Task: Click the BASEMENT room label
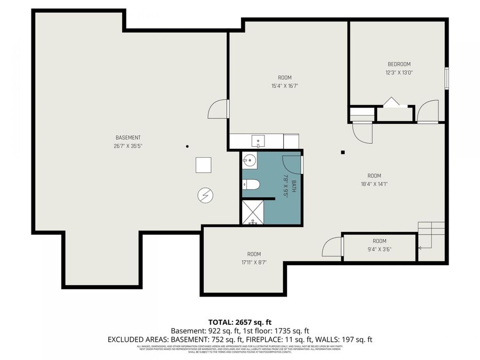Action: click(128, 138)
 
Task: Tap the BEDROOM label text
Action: click(399, 64)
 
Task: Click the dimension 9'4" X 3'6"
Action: click(379, 249)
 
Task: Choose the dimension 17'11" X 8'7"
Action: click(254, 262)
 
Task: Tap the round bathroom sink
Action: click(249, 159)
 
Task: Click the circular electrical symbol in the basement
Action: click(204, 196)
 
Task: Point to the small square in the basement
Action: click(203, 165)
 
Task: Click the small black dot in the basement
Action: click(187, 146)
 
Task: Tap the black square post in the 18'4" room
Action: click(343, 152)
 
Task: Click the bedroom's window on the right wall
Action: click(447, 77)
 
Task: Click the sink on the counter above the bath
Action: click(259, 142)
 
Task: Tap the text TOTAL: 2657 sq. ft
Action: click(239, 322)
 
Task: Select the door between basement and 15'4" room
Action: click(219, 109)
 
